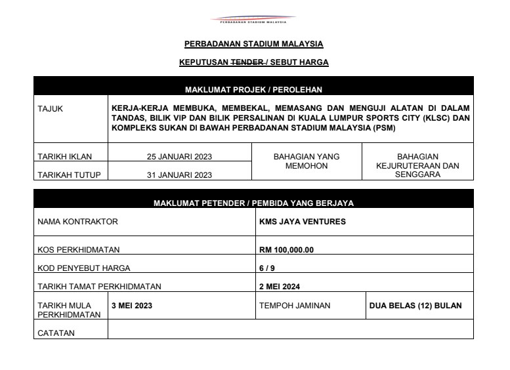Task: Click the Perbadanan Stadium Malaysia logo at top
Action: click(x=253, y=20)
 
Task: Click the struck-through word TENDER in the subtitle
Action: click(x=245, y=63)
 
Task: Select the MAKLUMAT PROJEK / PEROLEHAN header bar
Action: click(x=253, y=89)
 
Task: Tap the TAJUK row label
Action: click(x=51, y=109)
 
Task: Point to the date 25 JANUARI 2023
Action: click(x=179, y=157)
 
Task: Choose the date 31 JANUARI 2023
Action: click(x=179, y=175)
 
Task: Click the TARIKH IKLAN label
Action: click(x=65, y=157)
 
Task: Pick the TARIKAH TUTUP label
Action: click(x=67, y=175)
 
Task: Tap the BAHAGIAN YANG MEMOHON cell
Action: click(x=306, y=161)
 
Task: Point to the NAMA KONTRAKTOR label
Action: click(x=77, y=222)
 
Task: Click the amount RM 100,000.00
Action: click(x=287, y=250)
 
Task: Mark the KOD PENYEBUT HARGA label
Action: click(x=84, y=268)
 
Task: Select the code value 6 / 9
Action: click(x=267, y=268)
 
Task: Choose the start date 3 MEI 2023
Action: click(x=132, y=306)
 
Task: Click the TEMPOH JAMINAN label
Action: click(x=295, y=306)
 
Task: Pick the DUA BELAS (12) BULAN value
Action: click(x=416, y=306)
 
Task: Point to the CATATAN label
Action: click(x=56, y=333)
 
